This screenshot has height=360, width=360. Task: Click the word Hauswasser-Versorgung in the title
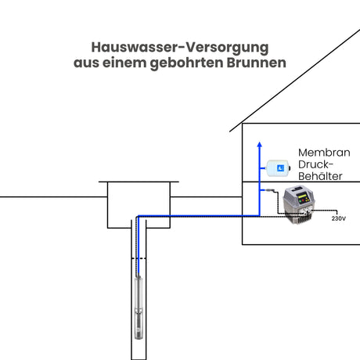[x=180, y=48]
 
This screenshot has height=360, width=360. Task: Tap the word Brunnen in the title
[x=256, y=63]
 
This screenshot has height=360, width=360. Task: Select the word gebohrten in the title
[x=186, y=63]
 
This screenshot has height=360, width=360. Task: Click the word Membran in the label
[x=324, y=153]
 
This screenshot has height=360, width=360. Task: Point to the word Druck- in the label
[x=315, y=164]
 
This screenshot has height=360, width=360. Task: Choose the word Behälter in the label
[x=320, y=176]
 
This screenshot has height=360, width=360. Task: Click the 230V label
[x=339, y=218]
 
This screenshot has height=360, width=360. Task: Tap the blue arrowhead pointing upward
[x=259, y=145]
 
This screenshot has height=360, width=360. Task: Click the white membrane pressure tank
[x=279, y=168]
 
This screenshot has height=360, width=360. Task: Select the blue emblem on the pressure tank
[x=281, y=168]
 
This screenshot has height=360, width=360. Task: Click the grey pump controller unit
[x=299, y=204]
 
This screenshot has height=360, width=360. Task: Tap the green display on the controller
[x=303, y=196]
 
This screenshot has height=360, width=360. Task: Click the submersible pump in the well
[x=139, y=308]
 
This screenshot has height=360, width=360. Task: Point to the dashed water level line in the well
[x=139, y=258]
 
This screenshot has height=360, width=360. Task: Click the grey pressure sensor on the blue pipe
[x=270, y=190]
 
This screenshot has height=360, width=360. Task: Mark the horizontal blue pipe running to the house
[x=199, y=216]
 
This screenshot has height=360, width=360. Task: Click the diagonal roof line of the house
[x=295, y=81]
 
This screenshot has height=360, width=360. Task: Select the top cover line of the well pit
[x=139, y=182]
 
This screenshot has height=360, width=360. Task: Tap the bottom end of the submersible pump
[x=139, y=339]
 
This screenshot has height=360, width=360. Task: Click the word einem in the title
[x=124, y=63]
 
